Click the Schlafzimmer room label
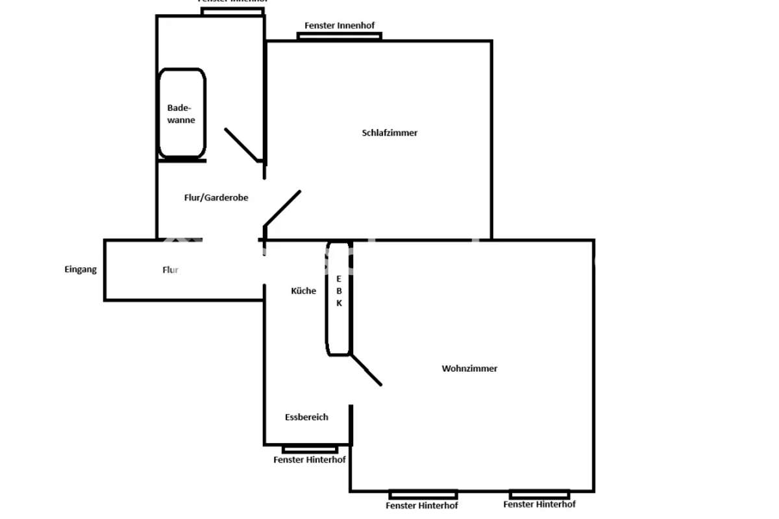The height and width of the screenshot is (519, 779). [389, 133]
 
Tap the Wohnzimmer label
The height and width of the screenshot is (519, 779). [469, 368]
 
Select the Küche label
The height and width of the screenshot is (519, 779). [303, 291]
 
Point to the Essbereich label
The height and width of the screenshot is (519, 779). [306, 417]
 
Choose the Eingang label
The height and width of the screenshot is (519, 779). [80, 269]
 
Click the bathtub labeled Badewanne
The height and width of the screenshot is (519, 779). [182, 114]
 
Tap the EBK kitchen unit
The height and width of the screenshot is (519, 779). [338, 298]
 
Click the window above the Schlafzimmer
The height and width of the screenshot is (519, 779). [339, 36]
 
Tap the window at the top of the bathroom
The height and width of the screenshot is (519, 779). [232, 11]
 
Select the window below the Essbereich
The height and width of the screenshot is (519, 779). [310, 449]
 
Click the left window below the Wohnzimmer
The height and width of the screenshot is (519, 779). [423, 494]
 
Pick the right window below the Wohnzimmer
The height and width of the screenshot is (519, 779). [539, 494]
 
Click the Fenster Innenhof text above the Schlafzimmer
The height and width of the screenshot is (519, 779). [340, 25]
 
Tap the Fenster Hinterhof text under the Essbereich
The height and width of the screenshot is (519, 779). [309, 460]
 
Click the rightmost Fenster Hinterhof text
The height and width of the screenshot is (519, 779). [539, 504]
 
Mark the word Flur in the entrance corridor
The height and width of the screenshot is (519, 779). [170, 270]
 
